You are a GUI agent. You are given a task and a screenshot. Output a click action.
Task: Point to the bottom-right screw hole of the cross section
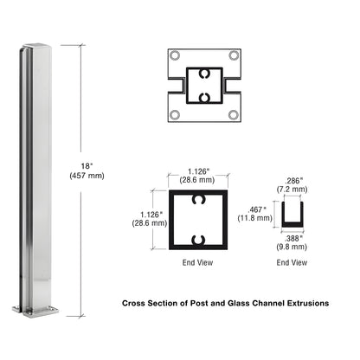(233, 113)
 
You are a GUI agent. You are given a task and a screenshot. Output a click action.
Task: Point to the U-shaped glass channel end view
(292, 212)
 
